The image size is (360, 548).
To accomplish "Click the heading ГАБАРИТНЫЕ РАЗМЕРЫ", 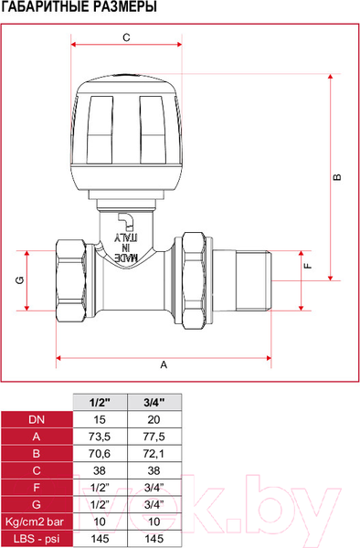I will click(x=79, y=7).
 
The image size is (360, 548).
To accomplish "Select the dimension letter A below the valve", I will click(x=164, y=364).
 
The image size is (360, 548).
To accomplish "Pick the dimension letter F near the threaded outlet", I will click(x=308, y=266).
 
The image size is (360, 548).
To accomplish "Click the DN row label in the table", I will click(x=37, y=418).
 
